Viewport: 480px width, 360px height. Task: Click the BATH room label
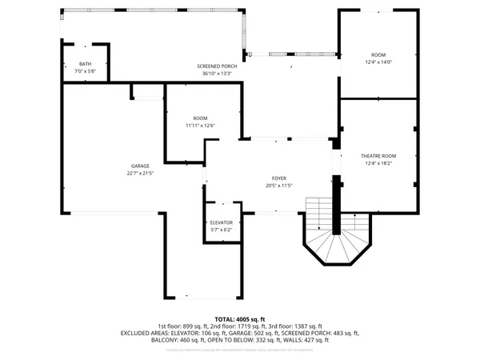pyautogui.click(x=85, y=64)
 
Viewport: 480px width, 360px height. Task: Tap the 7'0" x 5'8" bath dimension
pyautogui.click(x=85, y=71)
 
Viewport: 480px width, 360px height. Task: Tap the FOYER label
pyautogui.click(x=278, y=178)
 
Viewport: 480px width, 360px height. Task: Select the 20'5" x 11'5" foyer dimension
pyautogui.click(x=278, y=186)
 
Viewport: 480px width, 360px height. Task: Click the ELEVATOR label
pyautogui.click(x=221, y=222)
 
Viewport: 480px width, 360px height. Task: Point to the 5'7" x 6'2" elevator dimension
pyautogui.click(x=221, y=230)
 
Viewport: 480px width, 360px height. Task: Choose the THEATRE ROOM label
pyautogui.click(x=378, y=156)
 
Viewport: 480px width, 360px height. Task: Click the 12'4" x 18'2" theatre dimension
pyautogui.click(x=378, y=163)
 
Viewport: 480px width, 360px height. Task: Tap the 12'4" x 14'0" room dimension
pyautogui.click(x=378, y=62)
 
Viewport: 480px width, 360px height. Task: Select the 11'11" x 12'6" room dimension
pyautogui.click(x=200, y=125)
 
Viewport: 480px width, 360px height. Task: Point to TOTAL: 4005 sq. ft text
pyautogui.click(x=239, y=318)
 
